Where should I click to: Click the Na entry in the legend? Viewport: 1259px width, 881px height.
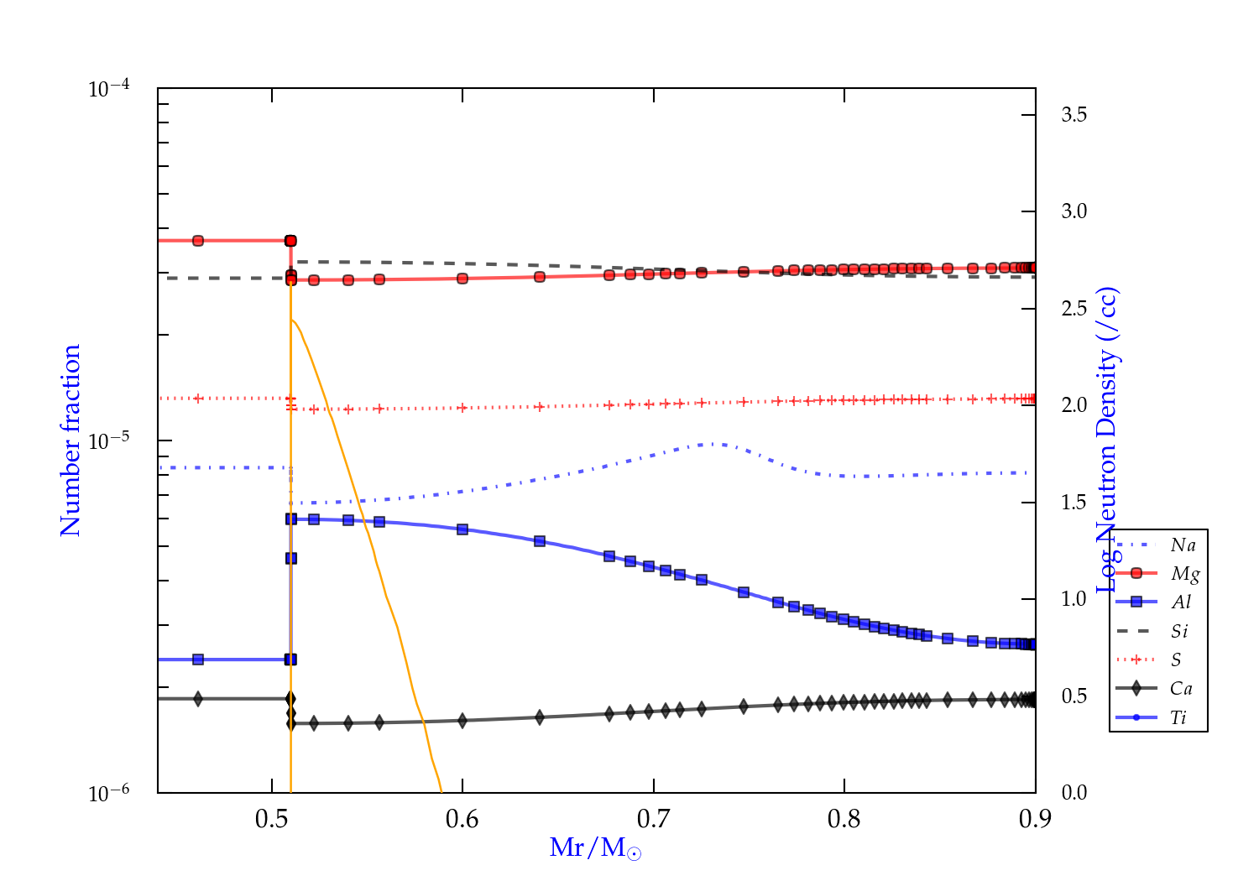point(1183,545)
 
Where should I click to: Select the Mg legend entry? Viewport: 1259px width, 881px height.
point(1184,574)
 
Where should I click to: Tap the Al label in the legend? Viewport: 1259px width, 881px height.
point(1182,602)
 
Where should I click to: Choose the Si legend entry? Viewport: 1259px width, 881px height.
point(1179,631)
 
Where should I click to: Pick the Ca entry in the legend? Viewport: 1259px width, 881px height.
point(1181,689)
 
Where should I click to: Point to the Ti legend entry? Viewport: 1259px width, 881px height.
point(1178,717)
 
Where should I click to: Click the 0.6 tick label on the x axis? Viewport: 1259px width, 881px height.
point(462,819)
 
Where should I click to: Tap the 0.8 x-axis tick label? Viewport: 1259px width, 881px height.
point(844,819)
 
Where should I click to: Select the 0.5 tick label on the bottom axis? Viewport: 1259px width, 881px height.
point(272,819)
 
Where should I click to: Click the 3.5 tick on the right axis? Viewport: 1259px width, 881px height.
point(1074,115)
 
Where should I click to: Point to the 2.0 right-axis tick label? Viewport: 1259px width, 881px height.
point(1074,405)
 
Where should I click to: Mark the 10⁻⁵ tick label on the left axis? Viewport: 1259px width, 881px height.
point(108,440)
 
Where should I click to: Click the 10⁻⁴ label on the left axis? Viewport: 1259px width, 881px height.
point(108,88)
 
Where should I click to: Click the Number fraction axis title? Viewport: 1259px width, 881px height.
point(71,440)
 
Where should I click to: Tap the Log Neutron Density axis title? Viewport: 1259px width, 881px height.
point(1109,440)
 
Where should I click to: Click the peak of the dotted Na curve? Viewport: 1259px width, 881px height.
point(713,443)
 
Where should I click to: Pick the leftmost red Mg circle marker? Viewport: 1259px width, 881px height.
point(198,241)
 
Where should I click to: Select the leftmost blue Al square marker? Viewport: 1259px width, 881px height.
point(198,659)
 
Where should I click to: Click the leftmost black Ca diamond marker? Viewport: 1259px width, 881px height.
point(198,698)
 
